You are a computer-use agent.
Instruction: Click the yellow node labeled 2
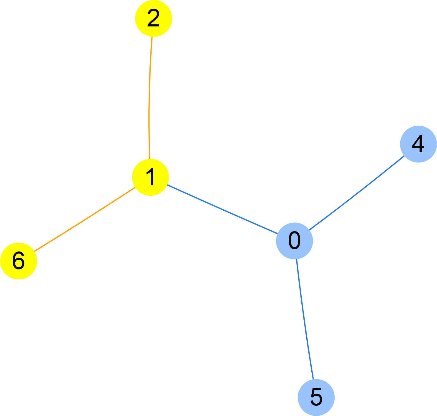153,18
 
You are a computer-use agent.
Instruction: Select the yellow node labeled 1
150,177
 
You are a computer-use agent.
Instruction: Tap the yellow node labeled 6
19,261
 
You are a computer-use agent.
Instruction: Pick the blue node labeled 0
294,241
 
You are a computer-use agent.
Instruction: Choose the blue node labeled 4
418,144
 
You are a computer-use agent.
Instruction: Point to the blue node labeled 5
316,397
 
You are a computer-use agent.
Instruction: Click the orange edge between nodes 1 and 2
149,97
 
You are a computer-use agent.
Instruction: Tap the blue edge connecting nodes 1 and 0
222,209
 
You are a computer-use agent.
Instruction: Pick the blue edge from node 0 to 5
305,319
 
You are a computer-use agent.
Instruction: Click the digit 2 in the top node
153,18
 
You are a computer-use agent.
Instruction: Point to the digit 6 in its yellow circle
18,261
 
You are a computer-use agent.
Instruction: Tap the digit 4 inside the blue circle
418,144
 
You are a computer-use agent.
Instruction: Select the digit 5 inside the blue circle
316,397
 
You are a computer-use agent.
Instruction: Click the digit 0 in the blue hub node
294,241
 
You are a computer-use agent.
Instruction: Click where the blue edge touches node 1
167,185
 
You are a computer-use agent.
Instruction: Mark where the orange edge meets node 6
34,251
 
